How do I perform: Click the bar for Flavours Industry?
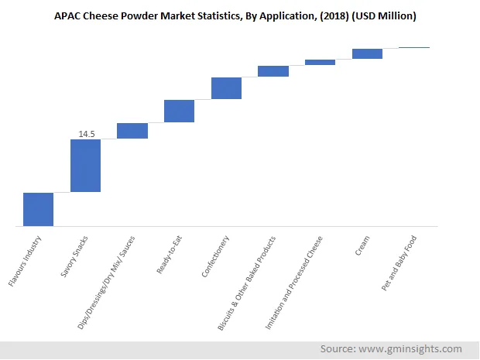coord(39,209)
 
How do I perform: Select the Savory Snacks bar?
coord(85,166)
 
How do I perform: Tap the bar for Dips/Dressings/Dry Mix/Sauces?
coord(132,131)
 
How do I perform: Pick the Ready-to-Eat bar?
coord(179,111)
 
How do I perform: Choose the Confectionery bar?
coord(226,88)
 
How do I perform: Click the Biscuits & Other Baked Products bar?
coord(273,71)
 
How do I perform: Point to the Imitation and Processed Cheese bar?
coord(320,62)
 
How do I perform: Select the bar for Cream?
coord(367,53)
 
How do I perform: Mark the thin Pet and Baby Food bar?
coord(414,47)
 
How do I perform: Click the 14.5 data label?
coord(86,134)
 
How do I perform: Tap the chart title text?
coord(239,15)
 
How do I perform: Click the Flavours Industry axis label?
coord(26,261)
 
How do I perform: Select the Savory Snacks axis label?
coord(76,256)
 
